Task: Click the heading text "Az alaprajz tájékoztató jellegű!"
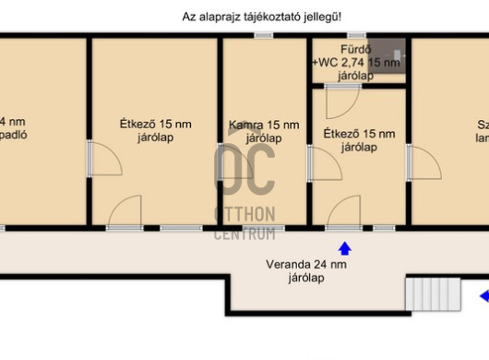pos(268,18)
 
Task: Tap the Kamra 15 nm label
pos(264,131)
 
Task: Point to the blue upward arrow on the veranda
pos(345,247)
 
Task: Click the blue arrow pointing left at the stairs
pos(483,296)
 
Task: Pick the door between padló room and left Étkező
pos(103,162)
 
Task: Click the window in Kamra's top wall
pos(264,36)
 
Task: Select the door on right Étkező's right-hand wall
pos(421,166)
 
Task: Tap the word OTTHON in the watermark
pos(244,215)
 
